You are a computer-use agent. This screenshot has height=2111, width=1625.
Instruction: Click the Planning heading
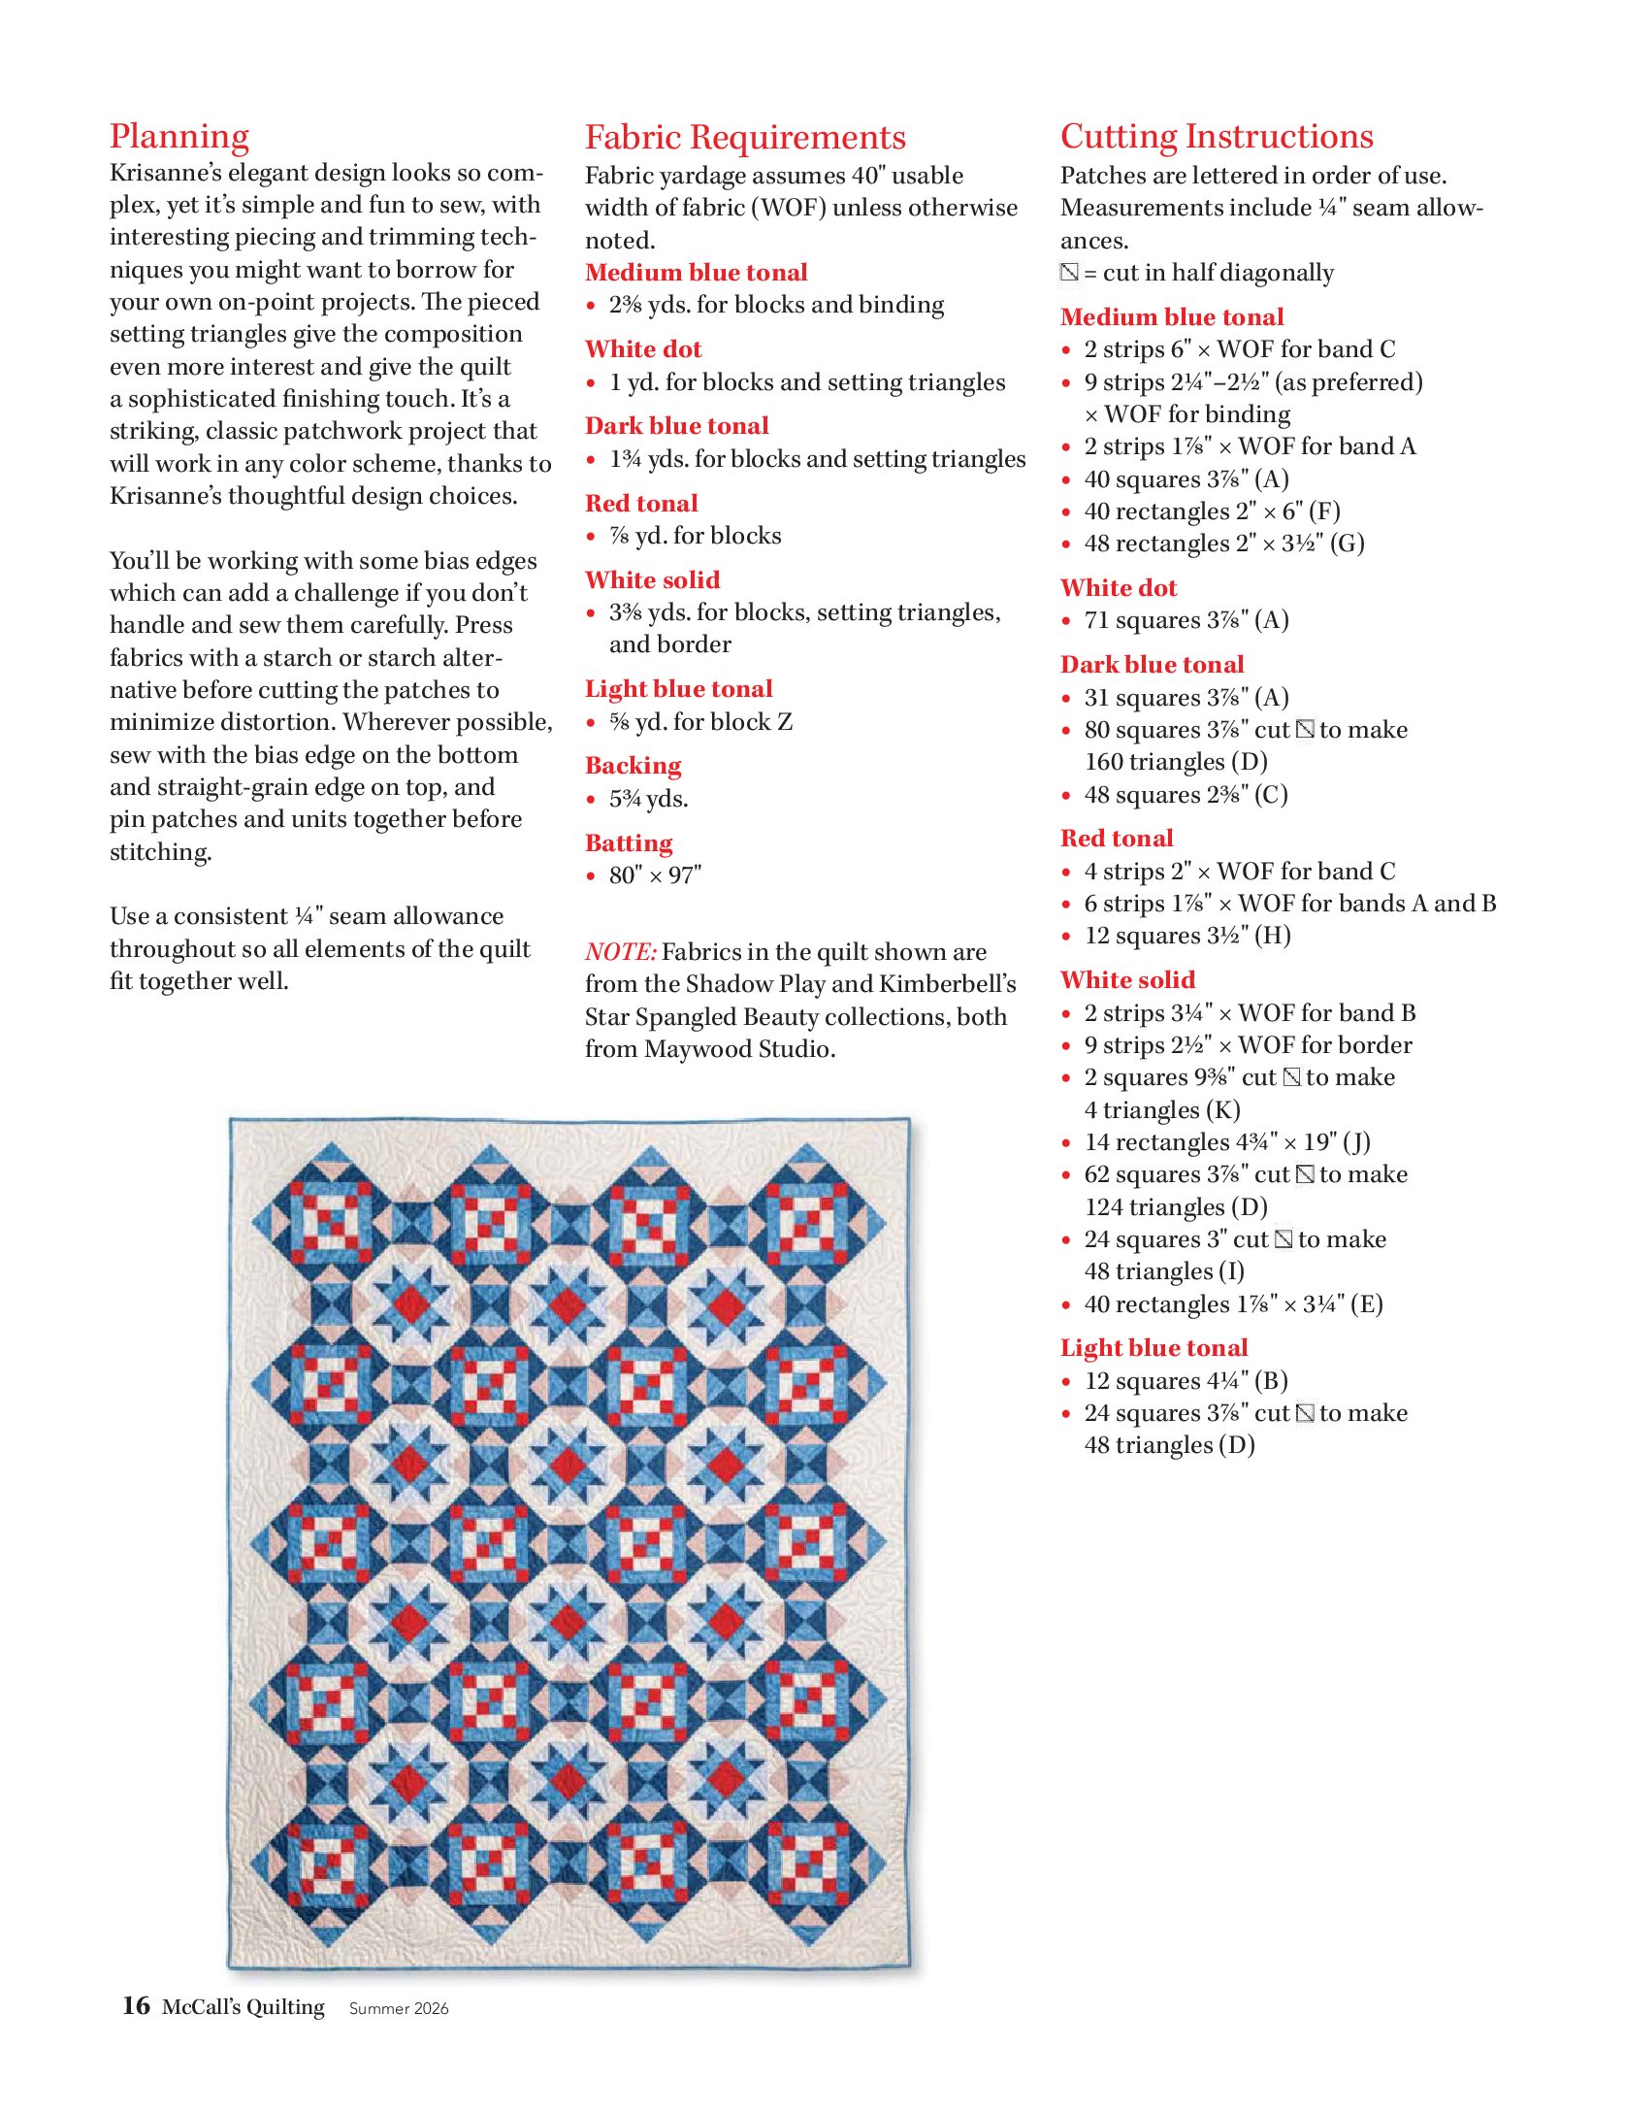click(x=179, y=137)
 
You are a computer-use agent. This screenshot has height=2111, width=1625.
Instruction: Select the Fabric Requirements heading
click(x=744, y=137)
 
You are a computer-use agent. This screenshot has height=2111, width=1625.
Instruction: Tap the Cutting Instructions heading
click(x=1217, y=137)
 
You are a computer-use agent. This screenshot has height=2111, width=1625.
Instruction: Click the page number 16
click(x=136, y=2005)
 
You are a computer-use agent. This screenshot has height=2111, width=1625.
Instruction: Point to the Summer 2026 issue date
click(x=399, y=2008)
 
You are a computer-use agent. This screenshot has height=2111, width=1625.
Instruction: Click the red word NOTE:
click(x=621, y=951)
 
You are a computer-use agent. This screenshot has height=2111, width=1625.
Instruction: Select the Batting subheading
click(x=629, y=842)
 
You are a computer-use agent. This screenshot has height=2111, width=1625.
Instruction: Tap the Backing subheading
click(x=633, y=766)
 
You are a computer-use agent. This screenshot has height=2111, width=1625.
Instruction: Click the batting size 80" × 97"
click(x=655, y=875)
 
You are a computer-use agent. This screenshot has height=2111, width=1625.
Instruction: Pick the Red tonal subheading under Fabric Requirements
click(x=641, y=503)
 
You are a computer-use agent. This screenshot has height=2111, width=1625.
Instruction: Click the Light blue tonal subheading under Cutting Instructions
click(x=1154, y=1347)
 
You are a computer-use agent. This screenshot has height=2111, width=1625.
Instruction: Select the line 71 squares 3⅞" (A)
click(x=1186, y=620)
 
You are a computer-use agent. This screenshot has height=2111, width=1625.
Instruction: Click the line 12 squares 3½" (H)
click(x=1186, y=936)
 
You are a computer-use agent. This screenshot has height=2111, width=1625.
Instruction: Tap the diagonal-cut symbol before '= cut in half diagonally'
click(x=1069, y=273)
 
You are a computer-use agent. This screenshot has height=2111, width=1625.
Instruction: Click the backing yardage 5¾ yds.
click(x=648, y=799)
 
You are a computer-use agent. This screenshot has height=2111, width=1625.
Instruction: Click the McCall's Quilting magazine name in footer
click(x=243, y=2006)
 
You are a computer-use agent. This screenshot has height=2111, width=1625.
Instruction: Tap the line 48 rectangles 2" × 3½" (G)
click(x=1223, y=544)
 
